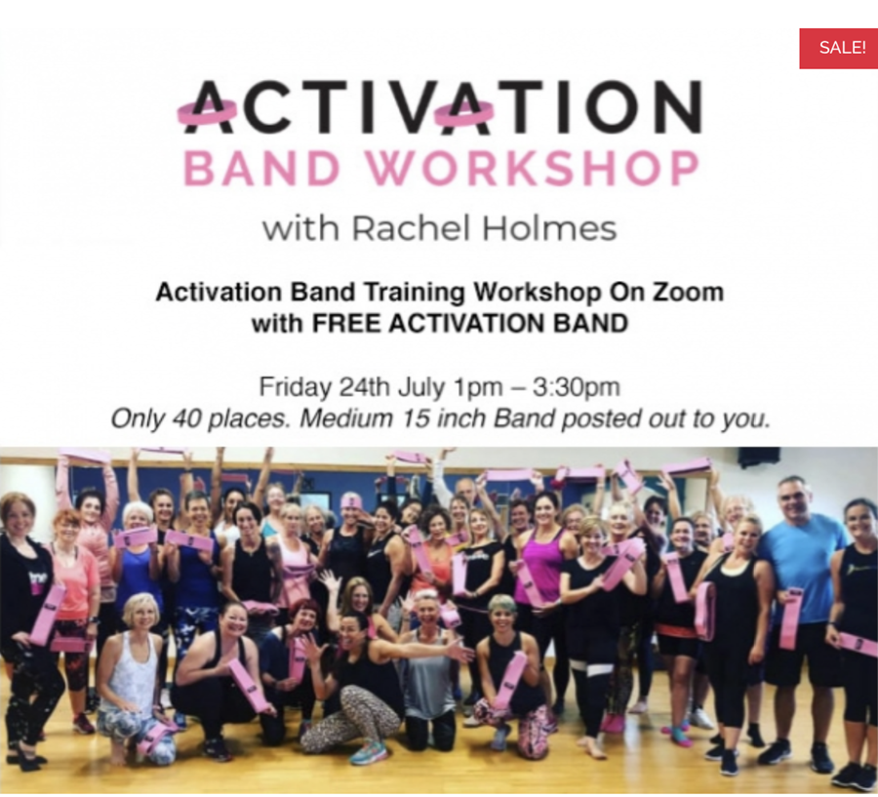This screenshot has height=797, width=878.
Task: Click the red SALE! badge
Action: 838,48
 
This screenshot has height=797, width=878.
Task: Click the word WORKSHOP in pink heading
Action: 532,168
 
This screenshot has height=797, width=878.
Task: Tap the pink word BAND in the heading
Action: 262,168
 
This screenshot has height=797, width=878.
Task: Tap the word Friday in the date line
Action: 295,387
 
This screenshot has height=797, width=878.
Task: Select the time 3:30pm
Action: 577,387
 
